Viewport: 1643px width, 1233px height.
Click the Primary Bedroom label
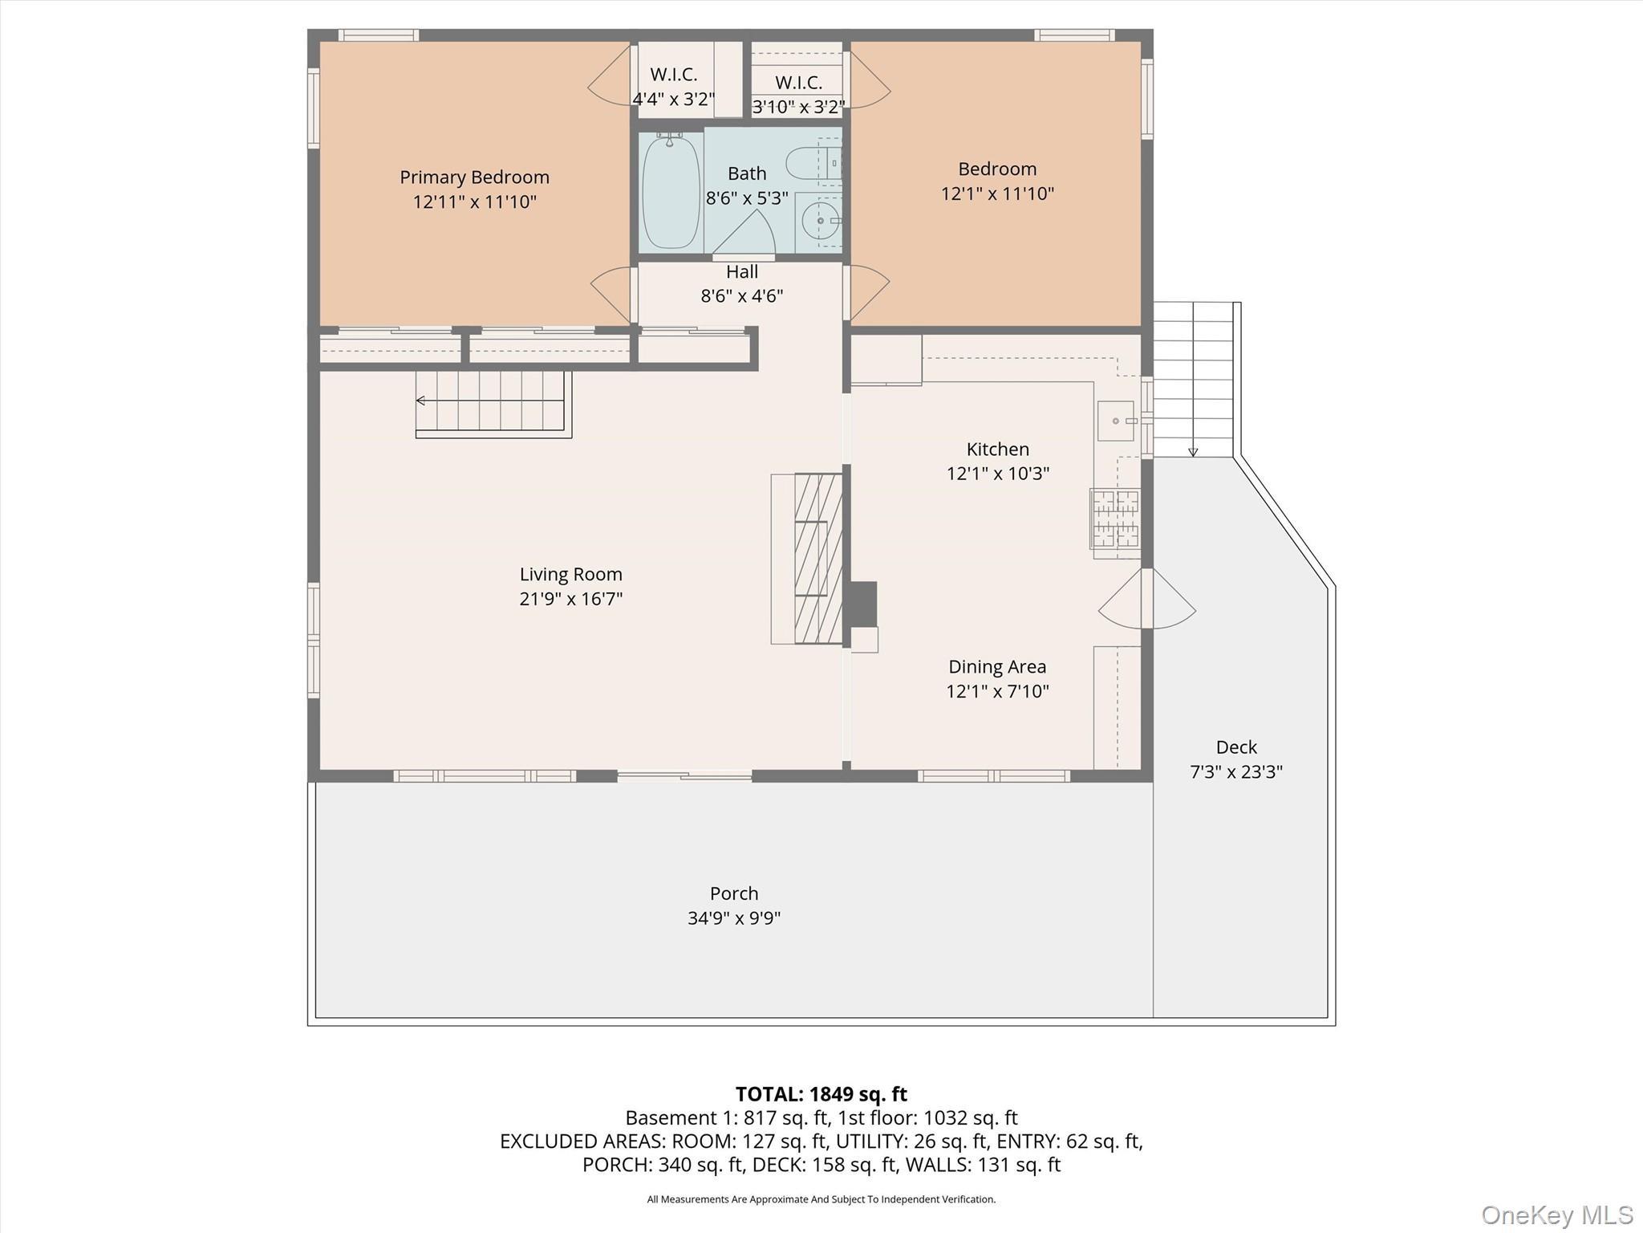click(x=474, y=177)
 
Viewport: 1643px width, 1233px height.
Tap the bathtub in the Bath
click(x=671, y=193)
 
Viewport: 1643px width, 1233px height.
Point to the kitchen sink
click(x=1115, y=421)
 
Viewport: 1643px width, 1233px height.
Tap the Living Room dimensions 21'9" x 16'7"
click(x=570, y=599)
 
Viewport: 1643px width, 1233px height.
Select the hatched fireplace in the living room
click(x=817, y=558)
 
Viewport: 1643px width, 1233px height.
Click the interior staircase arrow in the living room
click(x=421, y=401)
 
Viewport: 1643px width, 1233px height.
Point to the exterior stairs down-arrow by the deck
click(x=1193, y=451)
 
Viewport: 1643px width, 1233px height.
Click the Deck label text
click(x=1235, y=747)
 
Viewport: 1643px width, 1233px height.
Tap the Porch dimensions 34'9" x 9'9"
click(x=733, y=918)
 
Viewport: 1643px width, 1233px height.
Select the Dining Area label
click(x=997, y=667)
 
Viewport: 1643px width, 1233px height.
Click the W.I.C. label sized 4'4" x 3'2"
click(x=673, y=75)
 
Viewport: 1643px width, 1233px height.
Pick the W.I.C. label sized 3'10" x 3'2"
click(x=798, y=83)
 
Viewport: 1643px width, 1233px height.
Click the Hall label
click(x=742, y=272)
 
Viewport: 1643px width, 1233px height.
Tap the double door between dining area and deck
click(x=1147, y=599)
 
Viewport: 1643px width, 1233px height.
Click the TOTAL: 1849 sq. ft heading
click(x=821, y=1094)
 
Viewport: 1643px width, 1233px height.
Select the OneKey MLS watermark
click(x=1556, y=1215)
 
